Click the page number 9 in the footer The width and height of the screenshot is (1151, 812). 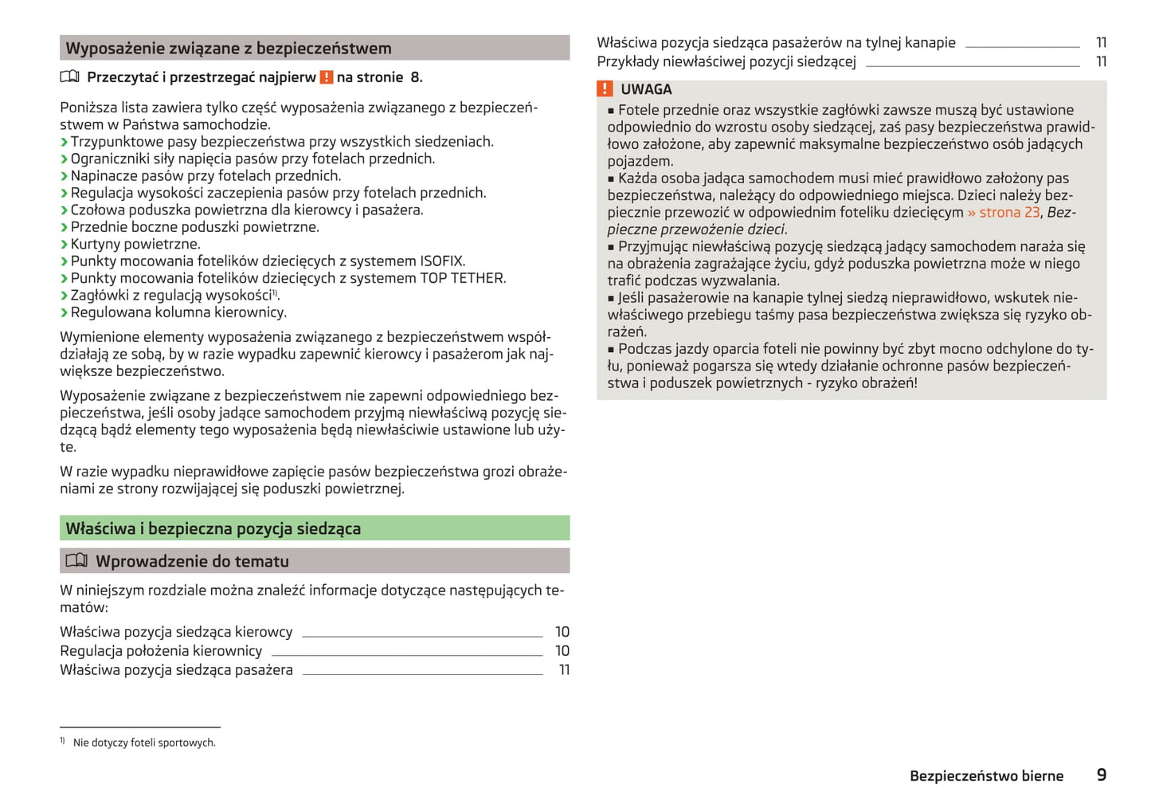point(1102,775)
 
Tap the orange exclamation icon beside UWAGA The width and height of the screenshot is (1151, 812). point(605,88)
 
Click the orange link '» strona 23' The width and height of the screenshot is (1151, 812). point(1004,212)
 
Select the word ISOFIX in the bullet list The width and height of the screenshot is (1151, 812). point(441,261)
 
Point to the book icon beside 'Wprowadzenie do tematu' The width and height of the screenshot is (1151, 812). point(76,560)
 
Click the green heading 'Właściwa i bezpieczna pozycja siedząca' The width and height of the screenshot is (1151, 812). point(213,528)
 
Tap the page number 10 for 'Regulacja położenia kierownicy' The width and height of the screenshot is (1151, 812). point(562,650)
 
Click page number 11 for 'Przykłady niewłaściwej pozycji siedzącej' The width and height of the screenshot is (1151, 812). point(1101,61)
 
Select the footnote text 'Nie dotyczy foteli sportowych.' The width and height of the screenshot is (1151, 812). point(144,743)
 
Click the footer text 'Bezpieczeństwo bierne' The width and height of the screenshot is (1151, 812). point(986,775)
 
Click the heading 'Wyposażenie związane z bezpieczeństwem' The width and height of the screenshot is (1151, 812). point(229,48)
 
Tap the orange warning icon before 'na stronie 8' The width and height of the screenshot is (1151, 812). point(327,77)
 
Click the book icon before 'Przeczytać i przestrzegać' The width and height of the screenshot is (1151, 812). point(70,77)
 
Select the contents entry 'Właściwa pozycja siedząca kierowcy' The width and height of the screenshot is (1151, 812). point(176,631)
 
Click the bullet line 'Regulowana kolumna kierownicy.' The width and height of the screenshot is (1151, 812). point(178,312)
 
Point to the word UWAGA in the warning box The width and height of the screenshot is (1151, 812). point(646,89)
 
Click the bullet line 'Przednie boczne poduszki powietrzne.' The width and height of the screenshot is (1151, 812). point(194,227)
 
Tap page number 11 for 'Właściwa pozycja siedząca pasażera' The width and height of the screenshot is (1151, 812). point(564,669)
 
